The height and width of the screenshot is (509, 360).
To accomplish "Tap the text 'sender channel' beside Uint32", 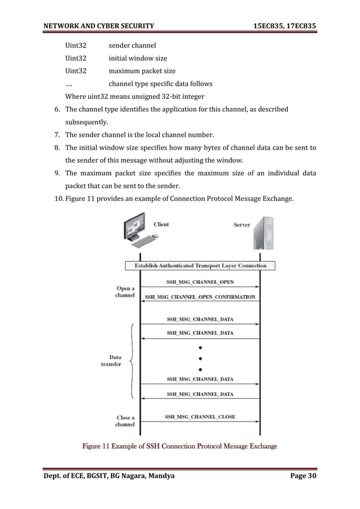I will tap(132, 45).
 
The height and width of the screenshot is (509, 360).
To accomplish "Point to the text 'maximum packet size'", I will tap(142, 71).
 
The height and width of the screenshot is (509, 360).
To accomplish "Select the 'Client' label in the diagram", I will tap(161, 224).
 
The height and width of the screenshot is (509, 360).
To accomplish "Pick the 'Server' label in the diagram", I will tap(242, 225).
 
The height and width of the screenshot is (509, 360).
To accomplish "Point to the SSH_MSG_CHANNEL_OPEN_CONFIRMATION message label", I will tap(200, 297).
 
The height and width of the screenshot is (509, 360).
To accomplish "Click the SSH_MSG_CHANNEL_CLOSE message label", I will tap(200, 417).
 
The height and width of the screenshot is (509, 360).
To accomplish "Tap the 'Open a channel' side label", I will tap(125, 292).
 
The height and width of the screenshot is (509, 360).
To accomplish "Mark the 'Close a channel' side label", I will tap(125, 421).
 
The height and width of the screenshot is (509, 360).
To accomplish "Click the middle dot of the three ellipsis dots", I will tap(200, 358).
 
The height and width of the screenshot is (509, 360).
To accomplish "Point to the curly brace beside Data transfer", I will tap(132, 360).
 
